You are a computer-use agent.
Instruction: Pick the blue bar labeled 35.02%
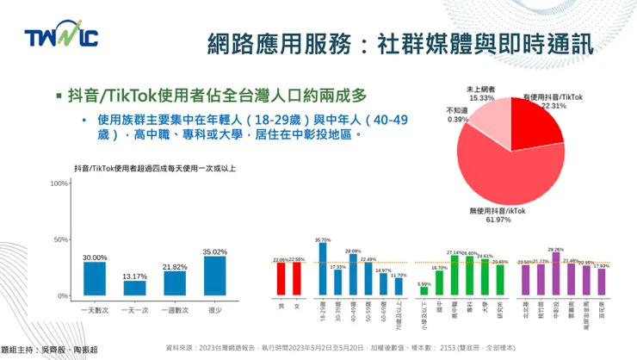(x=214, y=276)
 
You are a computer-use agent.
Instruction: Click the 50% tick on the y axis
(x=61, y=239)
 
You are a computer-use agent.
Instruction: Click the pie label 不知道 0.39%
(x=457, y=115)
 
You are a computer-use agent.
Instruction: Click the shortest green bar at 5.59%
(x=424, y=291)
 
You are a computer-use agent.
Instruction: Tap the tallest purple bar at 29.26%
(x=555, y=274)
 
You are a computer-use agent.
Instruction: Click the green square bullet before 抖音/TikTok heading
(x=59, y=96)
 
